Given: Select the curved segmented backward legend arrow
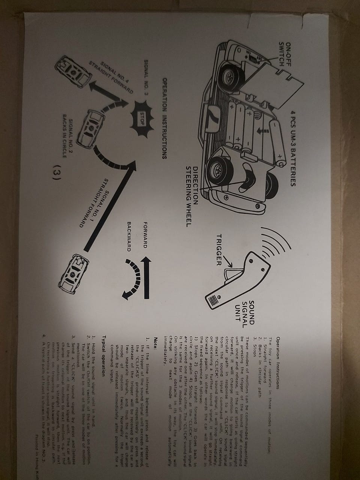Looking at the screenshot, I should pyautogui.click(x=133, y=280).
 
